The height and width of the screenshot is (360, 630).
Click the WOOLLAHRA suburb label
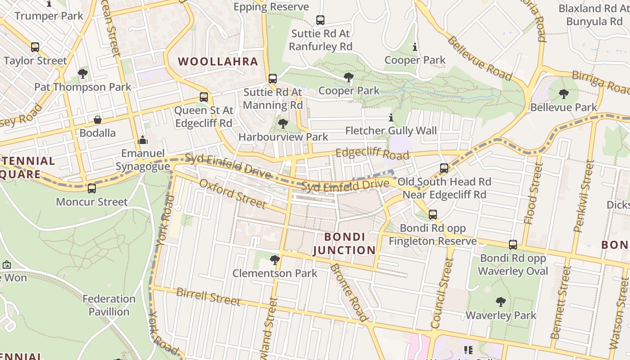click(218, 62)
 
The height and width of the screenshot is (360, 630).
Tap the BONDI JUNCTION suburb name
click(344, 243)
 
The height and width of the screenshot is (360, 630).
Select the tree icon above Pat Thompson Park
click(82, 73)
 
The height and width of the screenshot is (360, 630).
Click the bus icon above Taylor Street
click(35, 47)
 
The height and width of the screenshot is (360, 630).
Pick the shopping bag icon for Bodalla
click(97, 120)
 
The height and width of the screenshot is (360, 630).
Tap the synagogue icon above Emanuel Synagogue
click(143, 140)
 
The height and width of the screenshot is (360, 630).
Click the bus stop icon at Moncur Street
click(92, 189)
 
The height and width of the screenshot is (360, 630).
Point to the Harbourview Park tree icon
click(283, 123)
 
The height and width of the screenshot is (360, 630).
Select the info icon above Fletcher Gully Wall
click(391, 118)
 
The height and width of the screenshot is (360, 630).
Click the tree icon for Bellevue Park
click(563, 94)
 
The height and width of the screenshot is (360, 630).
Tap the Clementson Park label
click(274, 273)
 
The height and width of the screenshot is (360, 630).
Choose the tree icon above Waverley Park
click(500, 302)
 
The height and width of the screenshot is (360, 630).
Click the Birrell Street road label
click(208, 297)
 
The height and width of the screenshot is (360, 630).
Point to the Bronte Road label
click(349, 292)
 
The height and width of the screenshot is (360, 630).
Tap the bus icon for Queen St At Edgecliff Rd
click(203, 97)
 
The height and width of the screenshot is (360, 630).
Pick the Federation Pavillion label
click(109, 305)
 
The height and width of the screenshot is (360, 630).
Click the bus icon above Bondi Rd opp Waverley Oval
click(513, 245)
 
